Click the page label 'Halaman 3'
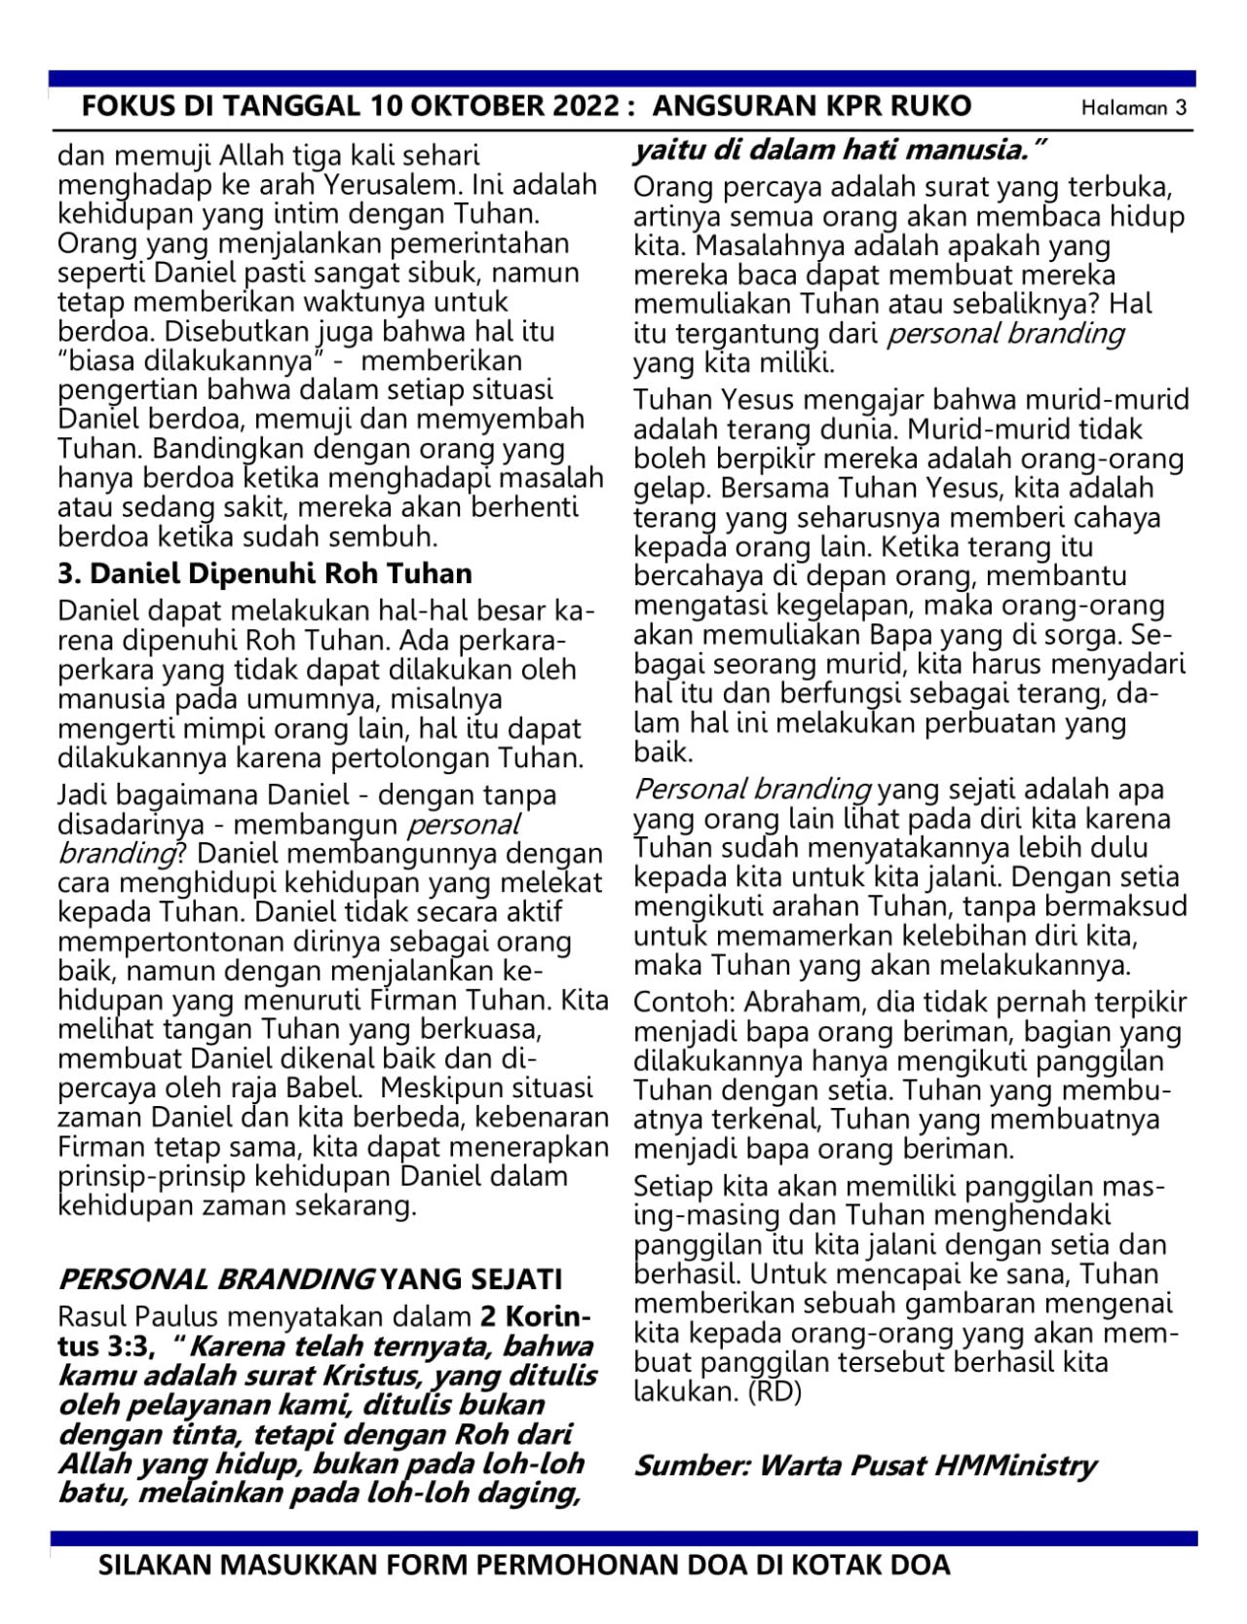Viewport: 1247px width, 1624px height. pyautogui.click(x=1134, y=108)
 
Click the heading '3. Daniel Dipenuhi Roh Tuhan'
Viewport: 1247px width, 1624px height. pyautogui.click(x=265, y=572)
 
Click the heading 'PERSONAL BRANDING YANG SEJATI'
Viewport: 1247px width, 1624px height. pyautogui.click(x=310, y=1277)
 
